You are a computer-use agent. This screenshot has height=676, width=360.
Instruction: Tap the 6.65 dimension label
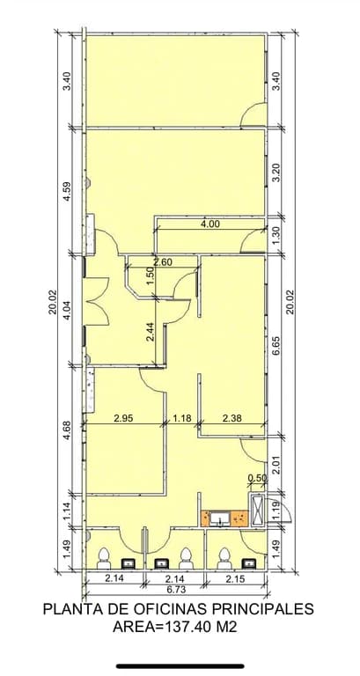[x=277, y=345]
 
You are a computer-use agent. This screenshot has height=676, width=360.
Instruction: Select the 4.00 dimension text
[x=210, y=224]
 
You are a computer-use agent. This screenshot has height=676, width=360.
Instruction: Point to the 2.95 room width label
[x=123, y=417]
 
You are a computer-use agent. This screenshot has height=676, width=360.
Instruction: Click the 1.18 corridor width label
[x=182, y=417]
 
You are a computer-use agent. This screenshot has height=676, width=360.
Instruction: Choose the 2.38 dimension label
[x=232, y=417]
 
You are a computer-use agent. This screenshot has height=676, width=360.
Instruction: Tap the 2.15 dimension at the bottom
[x=235, y=579]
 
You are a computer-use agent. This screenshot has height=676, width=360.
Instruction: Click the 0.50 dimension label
[x=257, y=477]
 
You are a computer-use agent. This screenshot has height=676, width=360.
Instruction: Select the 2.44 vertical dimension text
[x=150, y=332]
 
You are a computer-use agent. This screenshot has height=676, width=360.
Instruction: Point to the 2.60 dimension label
[x=163, y=261]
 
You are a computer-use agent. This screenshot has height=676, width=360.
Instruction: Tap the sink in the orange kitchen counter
[x=221, y=518]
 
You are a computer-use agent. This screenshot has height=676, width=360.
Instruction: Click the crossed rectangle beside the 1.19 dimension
[x=257, y=509]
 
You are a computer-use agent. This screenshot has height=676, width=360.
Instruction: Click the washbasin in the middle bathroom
[x=161, y=563]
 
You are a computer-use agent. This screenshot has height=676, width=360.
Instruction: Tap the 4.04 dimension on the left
[x=66, y=311]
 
